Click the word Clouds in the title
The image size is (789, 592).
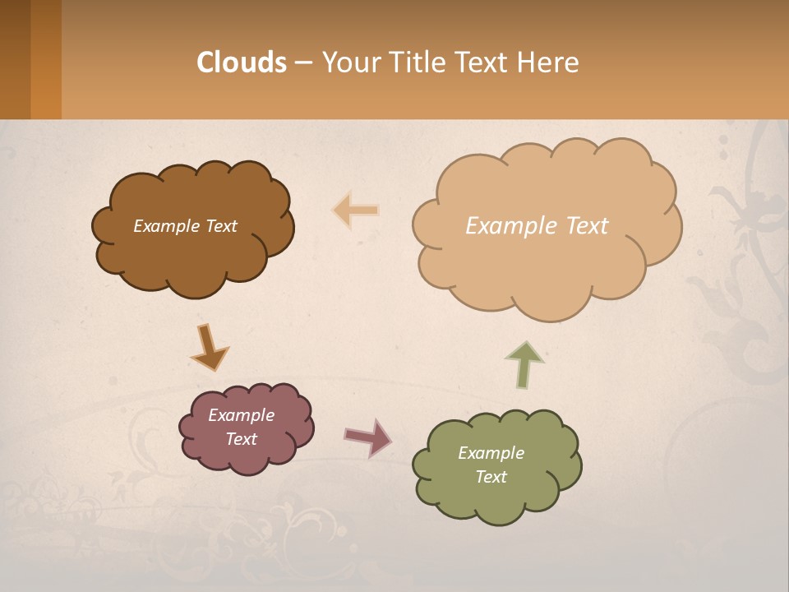pyautogui.click(x=242, y=62)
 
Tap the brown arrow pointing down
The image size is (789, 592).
pyautogui.click(x=209, y=348)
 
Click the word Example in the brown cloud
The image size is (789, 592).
pyautogui.click(x=165, y=226)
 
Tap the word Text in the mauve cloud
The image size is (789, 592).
pyautogui.click(x=242, y=439)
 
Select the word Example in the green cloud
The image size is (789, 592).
pyautogui.click(x=491, y=453)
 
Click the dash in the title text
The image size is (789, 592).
pyautogui.click(x=303, y=62)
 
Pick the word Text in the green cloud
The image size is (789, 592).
pyautogui.click(x=491, y=477)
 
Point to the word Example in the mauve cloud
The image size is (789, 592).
pyautogui.click(x=242, y=415)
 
